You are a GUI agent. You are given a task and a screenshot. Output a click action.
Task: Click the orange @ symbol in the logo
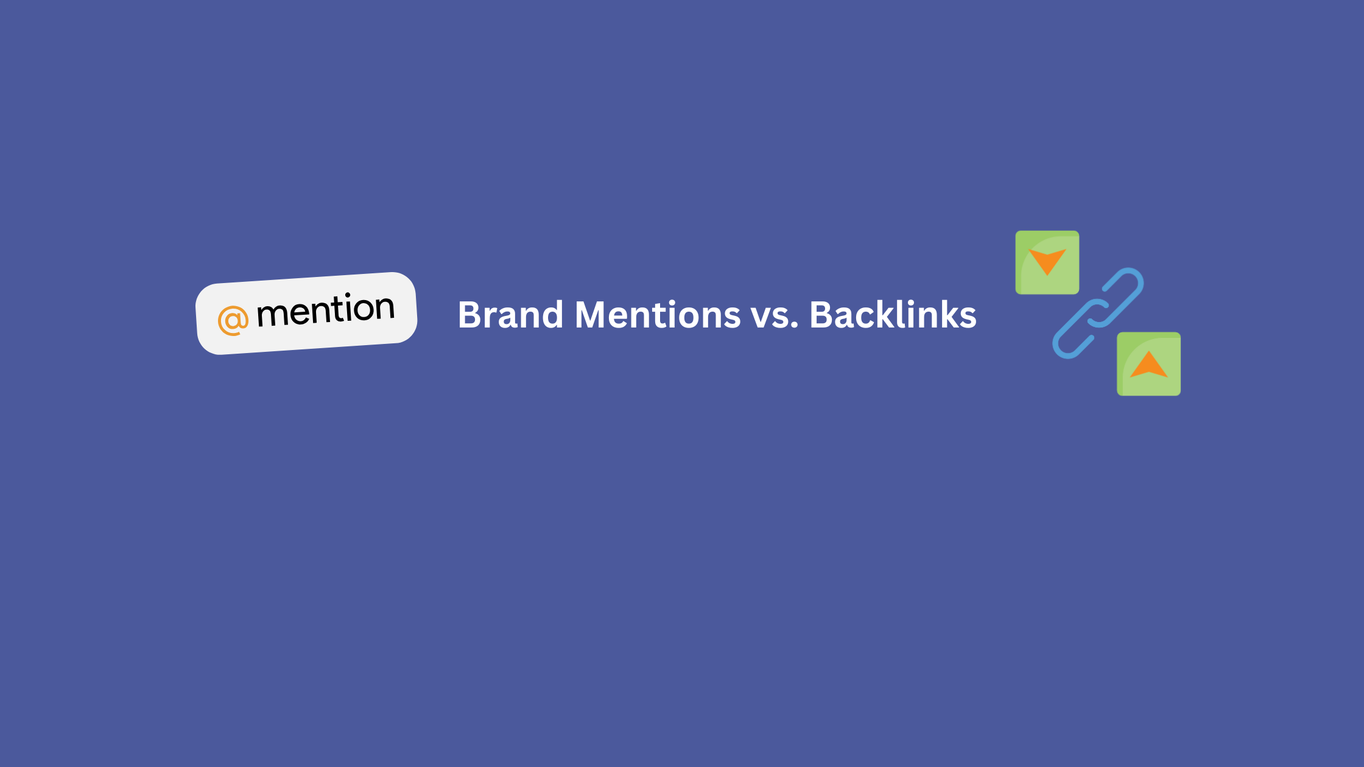tap(233, 320)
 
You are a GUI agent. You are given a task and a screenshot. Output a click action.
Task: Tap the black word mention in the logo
tap(326, 310)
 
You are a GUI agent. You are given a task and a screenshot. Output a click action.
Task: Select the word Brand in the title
tap(510, 315)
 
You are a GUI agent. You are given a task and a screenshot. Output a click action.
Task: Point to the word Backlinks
tap(893, 315)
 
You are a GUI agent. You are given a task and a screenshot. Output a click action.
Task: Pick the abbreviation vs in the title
tap(770, 317)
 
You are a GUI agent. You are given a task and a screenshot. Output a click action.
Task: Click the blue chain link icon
tap(1098, 313)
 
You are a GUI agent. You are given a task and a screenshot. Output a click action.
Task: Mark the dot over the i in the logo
tap(347, 296)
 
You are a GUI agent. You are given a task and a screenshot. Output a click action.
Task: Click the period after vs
tap(794, 326)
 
